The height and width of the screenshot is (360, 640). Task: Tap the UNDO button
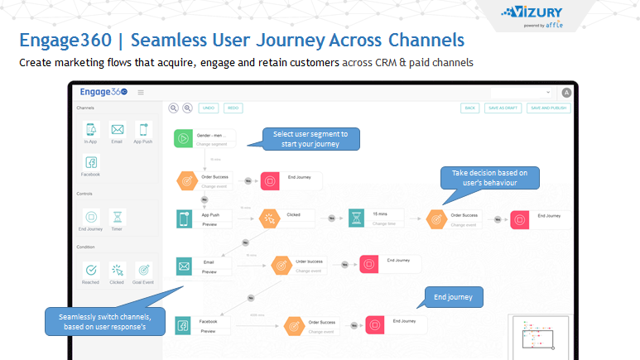[208, 108]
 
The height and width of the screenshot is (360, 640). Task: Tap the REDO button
[233, 108]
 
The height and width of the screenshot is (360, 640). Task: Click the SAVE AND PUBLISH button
[547, 108]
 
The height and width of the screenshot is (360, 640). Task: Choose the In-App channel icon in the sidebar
[91, 130]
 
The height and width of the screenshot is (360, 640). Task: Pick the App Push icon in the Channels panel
[143, 130]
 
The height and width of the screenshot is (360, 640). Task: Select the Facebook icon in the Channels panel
[91, 162]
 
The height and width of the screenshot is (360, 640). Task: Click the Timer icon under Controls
[118, 216]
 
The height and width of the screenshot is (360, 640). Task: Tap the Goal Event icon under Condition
[143, 270]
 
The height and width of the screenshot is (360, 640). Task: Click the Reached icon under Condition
[91, 270]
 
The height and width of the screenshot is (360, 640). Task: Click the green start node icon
[184, 138]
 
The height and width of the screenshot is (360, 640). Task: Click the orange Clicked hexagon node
[269, 218]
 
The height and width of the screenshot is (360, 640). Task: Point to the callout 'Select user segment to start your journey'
[310, 138]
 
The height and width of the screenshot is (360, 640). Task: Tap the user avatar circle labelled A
[566, 93]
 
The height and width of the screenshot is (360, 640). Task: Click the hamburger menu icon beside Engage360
[141, 93]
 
